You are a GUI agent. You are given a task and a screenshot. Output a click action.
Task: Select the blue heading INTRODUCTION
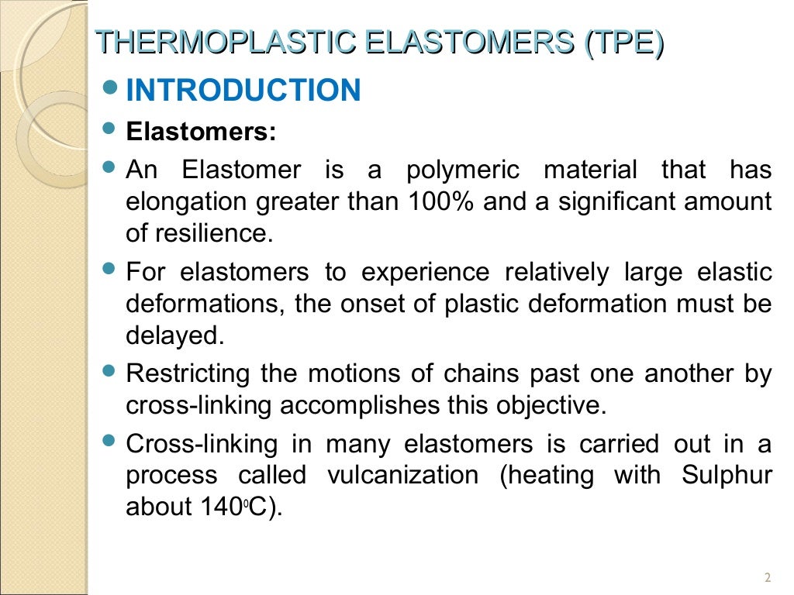pos(243,91)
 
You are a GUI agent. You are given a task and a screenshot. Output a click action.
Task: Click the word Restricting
pos(188,374)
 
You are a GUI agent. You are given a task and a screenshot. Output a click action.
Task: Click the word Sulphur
pos(727,475)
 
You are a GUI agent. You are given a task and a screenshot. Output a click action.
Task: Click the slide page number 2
pos(768,577)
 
